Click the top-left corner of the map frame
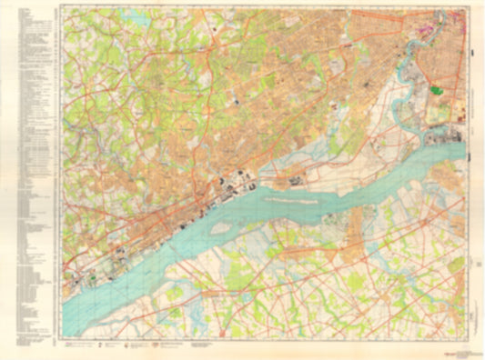click(x=61, y=8)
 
